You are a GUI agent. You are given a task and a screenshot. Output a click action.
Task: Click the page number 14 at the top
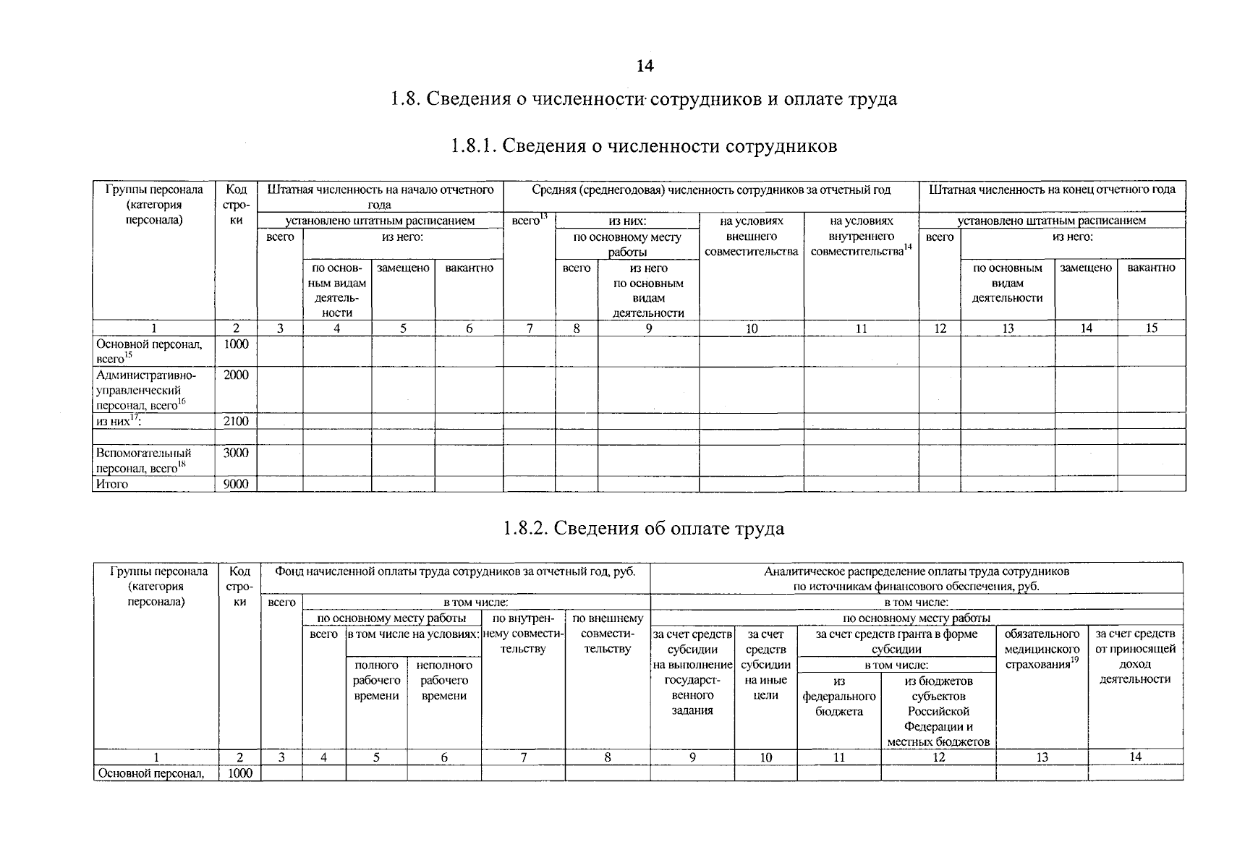645,66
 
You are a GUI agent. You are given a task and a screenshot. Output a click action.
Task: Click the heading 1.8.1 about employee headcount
643,146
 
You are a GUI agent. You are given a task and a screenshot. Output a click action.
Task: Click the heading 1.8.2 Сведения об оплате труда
643,528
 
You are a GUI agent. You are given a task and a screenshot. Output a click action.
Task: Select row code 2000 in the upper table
236,375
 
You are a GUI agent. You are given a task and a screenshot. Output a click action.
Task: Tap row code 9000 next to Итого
236,484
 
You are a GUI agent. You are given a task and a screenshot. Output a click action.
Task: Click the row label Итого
112,484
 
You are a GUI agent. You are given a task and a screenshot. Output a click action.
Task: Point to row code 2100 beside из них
236,421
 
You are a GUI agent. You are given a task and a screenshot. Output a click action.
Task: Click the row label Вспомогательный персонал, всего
143,460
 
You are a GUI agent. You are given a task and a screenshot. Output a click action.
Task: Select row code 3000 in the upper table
236,453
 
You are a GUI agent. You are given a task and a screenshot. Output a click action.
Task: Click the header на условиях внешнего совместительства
751,236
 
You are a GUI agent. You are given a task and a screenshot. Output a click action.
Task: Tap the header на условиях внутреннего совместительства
861,236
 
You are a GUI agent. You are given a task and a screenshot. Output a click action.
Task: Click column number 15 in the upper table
1151,328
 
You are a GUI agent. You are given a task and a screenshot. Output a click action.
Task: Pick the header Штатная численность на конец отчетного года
1052,190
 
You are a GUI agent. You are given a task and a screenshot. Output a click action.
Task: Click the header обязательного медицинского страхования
1042,649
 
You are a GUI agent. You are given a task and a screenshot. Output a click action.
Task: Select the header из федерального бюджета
839,696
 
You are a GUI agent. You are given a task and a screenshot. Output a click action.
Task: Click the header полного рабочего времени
376,680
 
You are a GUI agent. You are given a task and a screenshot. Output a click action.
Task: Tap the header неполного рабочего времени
444,680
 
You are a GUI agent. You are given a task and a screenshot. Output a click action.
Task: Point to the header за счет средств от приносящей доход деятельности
1135,656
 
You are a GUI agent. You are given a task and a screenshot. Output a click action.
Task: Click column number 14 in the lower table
1135,757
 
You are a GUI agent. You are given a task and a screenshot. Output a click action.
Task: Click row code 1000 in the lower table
239,773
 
